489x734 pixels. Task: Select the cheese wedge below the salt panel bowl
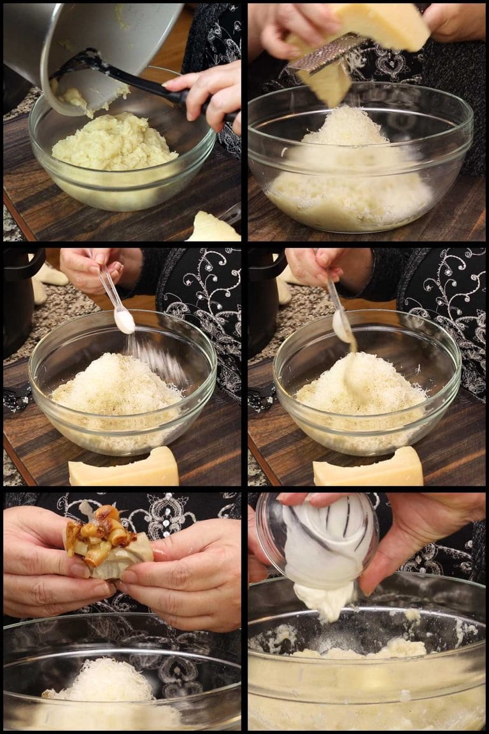[x=124, y=468]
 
